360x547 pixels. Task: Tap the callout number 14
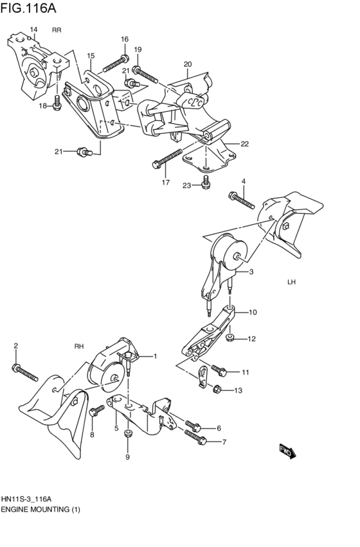coord(33,30)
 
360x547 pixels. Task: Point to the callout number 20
coord(188,64)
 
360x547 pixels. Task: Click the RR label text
coord(57,30)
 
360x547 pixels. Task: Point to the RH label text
coord(79,346)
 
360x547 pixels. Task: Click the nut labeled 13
coord(217,388)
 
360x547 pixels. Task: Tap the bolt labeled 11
coord(219,370)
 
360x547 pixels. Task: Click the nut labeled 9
coord(127,436)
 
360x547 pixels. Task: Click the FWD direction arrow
coord(287,451)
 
